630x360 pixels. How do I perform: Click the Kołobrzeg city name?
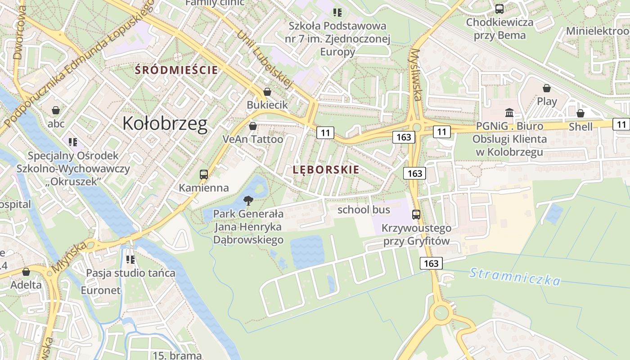(165, 123)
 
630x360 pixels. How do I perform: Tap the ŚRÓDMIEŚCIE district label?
(176, 70)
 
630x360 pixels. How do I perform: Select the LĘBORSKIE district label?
(326, 170)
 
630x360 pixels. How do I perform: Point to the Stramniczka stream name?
(515, 276)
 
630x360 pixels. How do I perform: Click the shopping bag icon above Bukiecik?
(267, 92)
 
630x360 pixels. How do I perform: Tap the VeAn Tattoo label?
(253, 139)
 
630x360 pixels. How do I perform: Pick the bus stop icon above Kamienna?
(204, 174)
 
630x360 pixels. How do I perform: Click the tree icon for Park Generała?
(248, 201)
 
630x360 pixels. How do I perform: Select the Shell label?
(580, 127)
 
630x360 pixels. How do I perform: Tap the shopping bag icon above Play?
(547, 88)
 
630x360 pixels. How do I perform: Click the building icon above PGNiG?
(509, 112)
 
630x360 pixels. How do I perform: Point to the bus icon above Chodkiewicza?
(499, 9)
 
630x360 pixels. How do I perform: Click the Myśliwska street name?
(416, 74)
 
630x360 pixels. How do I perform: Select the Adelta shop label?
(26, 285)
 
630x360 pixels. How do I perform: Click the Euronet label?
(101, 290)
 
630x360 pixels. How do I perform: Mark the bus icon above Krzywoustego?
(416, 215)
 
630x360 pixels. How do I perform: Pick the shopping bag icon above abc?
(56, 110)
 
